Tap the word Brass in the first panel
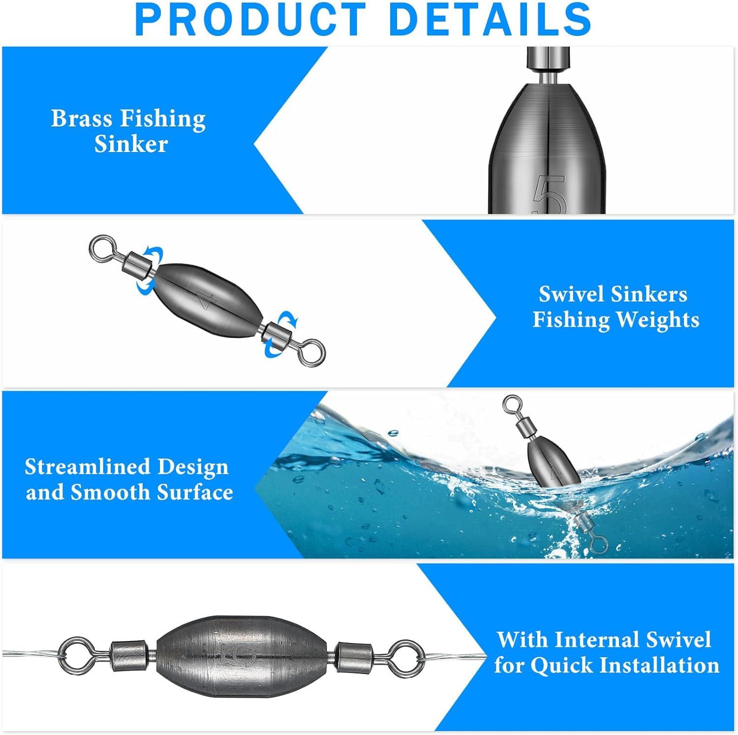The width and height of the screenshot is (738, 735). coord(82,119)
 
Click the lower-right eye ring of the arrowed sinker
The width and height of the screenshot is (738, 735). coord(312,352)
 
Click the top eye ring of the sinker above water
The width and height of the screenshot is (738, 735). coord(512,404)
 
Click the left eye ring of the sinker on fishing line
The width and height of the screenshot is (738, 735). coord(75,655)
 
